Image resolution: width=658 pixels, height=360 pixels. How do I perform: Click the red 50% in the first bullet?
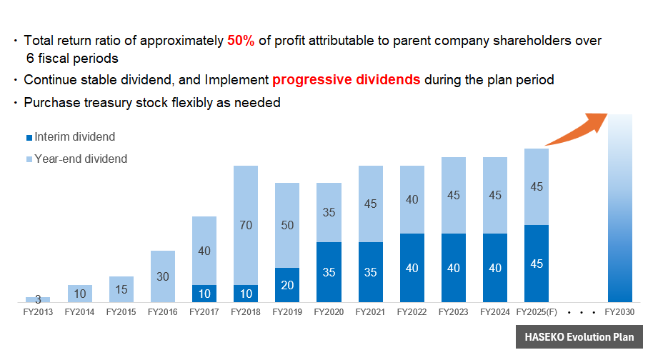pyautogui.click(x=241, y=41)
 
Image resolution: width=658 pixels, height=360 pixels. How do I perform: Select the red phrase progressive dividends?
pyautogui.click(x=347, y=79)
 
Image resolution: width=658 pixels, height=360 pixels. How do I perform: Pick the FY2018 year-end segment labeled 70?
pyautogui.click(x=246, y=225)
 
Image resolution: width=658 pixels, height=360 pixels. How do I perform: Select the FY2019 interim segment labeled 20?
pyautogui.click(x=287, y=285)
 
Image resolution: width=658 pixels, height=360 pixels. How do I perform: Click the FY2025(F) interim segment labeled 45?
pyautogui.click(x=537, y=264)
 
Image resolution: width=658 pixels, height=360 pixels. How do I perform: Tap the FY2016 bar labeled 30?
pyautogui.click(x=163, y=276)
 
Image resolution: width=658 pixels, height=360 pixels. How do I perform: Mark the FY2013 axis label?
pyautogui.click(x=38, y=312)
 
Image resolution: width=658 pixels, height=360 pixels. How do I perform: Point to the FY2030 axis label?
pyautogui.click(x=619, y=312)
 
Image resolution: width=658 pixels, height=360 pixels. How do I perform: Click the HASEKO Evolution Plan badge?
pyautogui.click(x=579, y=337)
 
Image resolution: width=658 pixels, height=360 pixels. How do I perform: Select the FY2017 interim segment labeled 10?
pyautogui.click(x=204, y=294)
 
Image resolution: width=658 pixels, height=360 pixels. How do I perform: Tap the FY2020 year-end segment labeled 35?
pyautogui.click(x=329, y=212)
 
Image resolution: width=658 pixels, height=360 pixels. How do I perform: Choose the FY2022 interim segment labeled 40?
pyautogui.click(x=412, y=268)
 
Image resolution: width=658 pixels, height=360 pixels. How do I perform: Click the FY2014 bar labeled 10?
pyautogui.click(x=80, y=294)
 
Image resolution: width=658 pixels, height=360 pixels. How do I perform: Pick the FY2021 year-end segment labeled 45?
pyautogui.click(x=370, y=204)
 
